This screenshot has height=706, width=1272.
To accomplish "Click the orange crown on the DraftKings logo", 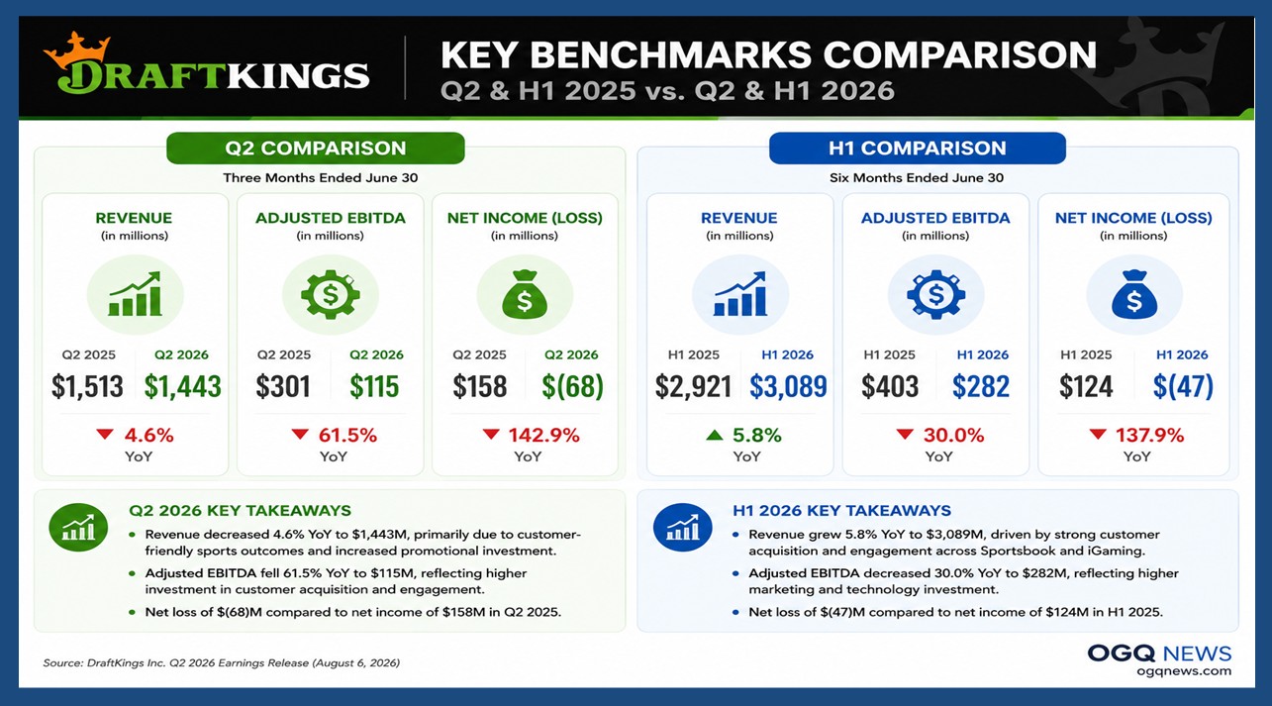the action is [76, 50].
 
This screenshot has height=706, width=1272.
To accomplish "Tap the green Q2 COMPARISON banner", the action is [316, 149].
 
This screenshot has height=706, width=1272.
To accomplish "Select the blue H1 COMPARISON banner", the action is [917, 149].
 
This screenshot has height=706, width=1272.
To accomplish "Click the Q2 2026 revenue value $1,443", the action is [182, 386].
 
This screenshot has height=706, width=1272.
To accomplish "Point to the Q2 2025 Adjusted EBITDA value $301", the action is [283, 386].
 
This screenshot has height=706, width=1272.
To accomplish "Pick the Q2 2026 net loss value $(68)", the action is [572, 386].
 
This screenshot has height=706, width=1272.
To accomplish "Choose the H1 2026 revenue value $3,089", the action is [788, 386].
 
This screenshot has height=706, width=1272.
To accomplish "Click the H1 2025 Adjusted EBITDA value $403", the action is [890, 386].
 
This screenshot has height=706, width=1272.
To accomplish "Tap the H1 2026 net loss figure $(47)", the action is [1183, 386].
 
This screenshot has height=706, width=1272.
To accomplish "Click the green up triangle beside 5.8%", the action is [715, 435].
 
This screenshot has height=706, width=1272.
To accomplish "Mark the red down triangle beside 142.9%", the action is [491, 435].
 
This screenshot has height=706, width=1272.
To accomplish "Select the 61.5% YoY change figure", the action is [347, 435].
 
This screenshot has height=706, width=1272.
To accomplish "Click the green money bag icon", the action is [525, 294].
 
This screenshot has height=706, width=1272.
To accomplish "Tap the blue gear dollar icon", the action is [935, 294].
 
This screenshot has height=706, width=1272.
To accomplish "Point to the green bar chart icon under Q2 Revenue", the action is [136, 294].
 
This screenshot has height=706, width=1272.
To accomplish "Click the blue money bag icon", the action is [1134, 294].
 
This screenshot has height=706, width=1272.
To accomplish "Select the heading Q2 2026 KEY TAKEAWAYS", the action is [241, 511].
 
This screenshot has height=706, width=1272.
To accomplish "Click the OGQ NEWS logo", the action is [1159, 654].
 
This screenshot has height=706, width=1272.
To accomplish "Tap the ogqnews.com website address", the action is [1184, 671].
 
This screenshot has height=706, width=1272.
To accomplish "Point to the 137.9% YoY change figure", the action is [1150, 435].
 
